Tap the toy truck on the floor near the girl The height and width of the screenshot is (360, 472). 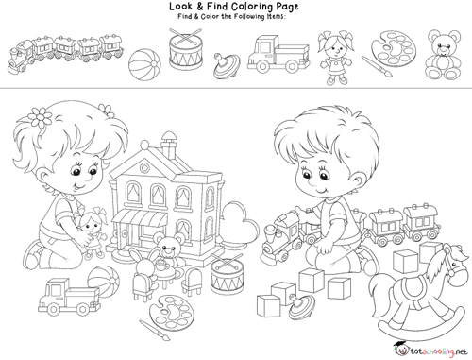pos(69,298)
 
